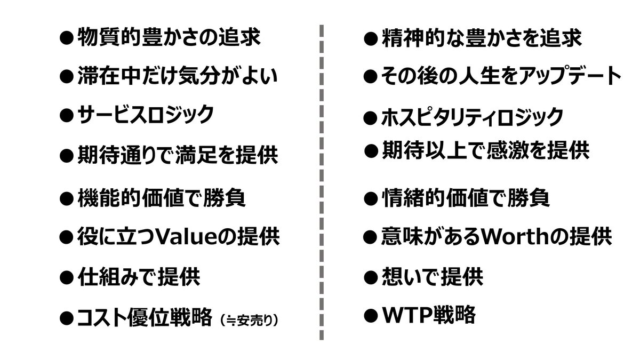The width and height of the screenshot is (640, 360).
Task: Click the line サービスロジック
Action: (145, 114)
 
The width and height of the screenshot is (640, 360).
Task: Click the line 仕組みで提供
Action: (139, 277)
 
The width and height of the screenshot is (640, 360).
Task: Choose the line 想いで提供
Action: (432, 277)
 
